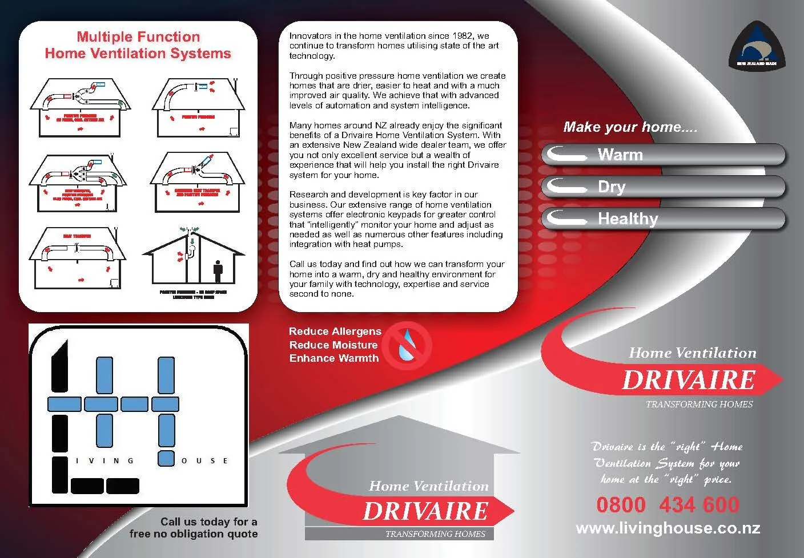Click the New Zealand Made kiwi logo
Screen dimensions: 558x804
coord(756,46)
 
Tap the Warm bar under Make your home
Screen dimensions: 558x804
coord(663,155)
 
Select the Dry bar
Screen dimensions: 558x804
coord(663,187)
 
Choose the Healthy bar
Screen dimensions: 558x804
coord(663,219)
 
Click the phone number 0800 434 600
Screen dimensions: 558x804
coord(668,505)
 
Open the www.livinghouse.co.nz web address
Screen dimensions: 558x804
coord(668,528)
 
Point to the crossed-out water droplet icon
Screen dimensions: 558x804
coord(407,345)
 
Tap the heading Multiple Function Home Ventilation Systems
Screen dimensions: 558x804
coord(138,45)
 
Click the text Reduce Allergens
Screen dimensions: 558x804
coord(335,331)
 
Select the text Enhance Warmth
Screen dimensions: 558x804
coord(333,358)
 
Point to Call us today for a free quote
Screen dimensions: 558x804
coord(194,528)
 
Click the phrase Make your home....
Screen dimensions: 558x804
coord(630,127)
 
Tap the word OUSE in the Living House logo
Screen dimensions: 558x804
coord(204,461)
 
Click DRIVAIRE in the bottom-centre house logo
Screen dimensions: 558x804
coord(425,511)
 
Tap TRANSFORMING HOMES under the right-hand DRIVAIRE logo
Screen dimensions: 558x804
coord(699,405)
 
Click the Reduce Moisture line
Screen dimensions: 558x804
coord(333,345)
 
